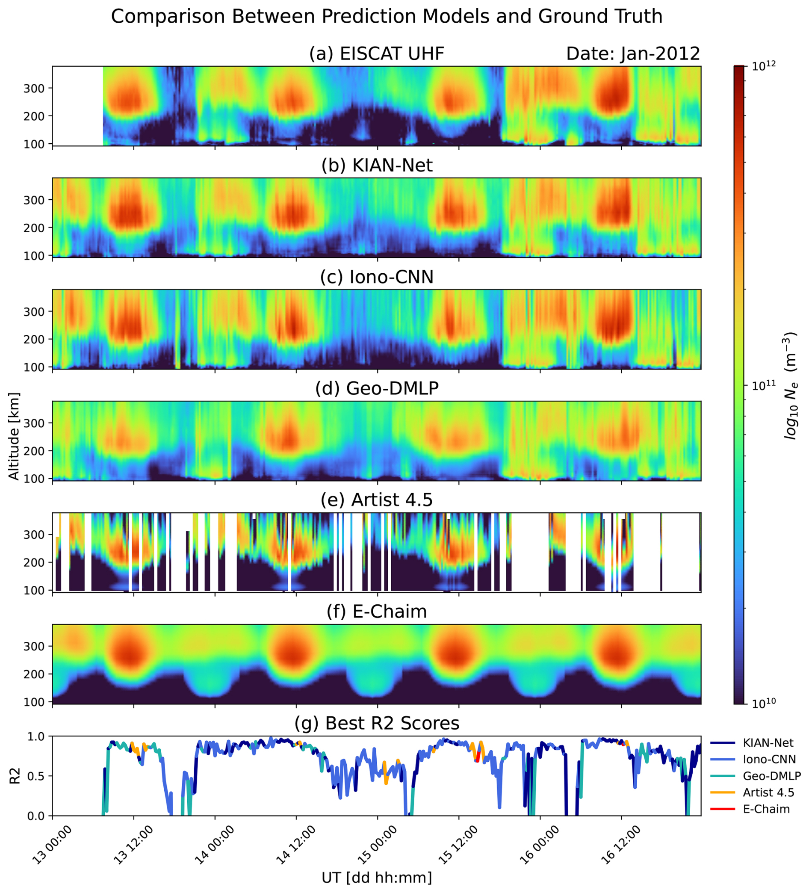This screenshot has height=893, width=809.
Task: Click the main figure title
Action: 387,17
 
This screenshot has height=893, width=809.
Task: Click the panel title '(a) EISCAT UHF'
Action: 376,53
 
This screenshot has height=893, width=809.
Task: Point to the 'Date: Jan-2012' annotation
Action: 633,53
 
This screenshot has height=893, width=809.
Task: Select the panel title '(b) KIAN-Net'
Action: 377,165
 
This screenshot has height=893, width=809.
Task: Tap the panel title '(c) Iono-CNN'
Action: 377,277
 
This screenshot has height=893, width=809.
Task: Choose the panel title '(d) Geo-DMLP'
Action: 377,388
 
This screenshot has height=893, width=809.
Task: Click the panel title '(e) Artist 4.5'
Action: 377,500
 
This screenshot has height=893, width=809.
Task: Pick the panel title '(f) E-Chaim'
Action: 377,611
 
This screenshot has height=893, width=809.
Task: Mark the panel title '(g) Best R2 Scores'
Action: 377,723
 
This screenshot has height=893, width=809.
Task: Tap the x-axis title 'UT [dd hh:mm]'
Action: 377,878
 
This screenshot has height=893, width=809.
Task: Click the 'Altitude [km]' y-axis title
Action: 14,436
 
